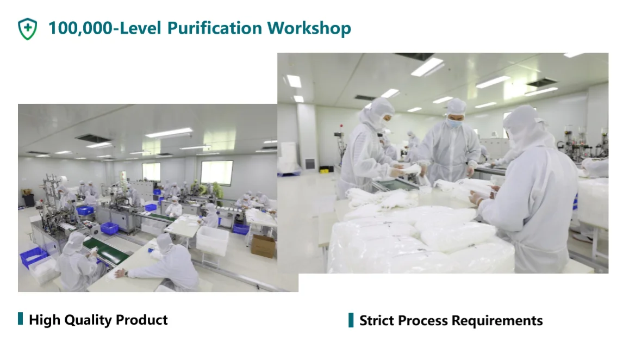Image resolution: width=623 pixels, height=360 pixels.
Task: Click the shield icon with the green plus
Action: click(x=27, y=29)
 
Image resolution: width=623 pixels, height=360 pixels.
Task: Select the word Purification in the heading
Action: click(x=215, y=28)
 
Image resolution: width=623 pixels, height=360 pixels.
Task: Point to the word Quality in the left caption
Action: click(x=88, y=320)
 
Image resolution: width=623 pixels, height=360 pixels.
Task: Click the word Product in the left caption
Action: click(x=141, y=320)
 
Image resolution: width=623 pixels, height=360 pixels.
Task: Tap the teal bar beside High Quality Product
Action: click(x=20, y=319)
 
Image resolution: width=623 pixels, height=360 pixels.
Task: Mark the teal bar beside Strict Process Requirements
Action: click(x=351, y=320)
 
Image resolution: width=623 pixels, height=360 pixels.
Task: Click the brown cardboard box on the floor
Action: click(x=264, y=246)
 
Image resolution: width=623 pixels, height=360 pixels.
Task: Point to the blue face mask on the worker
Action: click(x=454, y=122)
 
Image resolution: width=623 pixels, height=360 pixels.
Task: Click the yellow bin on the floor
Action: click(x=325, y=171)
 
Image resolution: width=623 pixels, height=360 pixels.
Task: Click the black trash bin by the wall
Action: click(x=29, y=200)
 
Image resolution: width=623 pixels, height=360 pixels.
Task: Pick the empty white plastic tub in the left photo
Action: click(x=212, y=240)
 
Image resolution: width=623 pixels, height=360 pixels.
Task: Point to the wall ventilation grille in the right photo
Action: click(x=310, y=164)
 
